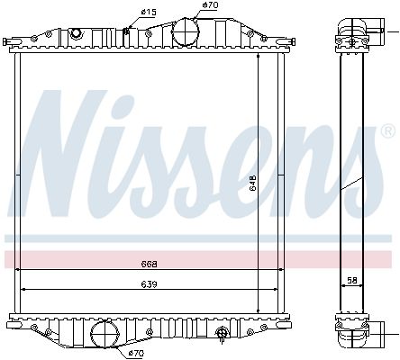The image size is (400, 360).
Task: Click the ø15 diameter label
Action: (x=149, y=11)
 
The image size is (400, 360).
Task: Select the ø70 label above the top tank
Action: (x=209, y=5)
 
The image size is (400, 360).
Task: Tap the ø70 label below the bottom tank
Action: (x=136, y=353)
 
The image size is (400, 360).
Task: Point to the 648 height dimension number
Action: (x=253, y=183)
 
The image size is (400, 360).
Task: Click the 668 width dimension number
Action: (x=150, y=264)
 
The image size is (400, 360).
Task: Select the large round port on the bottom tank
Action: (x=105, y=334)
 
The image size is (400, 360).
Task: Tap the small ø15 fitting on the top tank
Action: (x=127, y=33)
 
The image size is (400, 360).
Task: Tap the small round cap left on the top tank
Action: (x=77, y=33)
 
